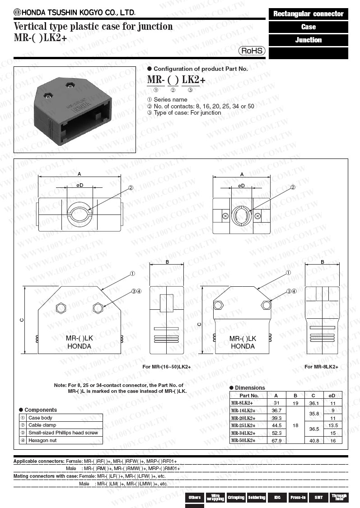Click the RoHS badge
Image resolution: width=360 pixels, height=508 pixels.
tap(252, 51)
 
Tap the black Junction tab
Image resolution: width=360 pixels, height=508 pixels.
tap(309, 40)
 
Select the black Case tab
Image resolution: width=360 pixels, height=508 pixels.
tap(309, 27)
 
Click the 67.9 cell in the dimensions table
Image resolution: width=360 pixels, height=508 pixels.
tap(276, 441)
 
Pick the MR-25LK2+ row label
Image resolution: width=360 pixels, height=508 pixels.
tap(243, 425)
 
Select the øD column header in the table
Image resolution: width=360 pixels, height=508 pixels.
tap(332, 396)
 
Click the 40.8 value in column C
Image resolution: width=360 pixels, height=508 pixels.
tap(314, 441)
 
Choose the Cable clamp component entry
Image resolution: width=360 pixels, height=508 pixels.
tap(42, 425)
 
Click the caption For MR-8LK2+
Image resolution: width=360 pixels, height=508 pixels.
tap(321, 367)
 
